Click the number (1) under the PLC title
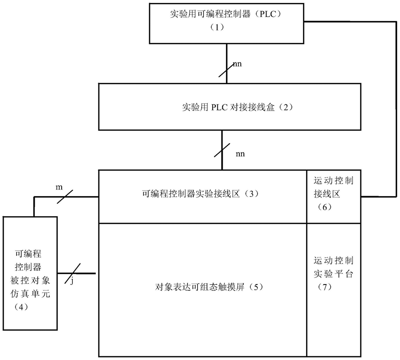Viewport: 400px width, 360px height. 217,27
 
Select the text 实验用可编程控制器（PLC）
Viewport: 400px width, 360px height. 226,14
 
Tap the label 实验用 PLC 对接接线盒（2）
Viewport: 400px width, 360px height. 238,107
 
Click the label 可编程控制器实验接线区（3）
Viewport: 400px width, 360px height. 201,194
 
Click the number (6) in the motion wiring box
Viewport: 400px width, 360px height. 325,207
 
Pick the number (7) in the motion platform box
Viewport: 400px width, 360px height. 325,287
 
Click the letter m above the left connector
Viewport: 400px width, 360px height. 59,187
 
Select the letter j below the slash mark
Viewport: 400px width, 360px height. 72,281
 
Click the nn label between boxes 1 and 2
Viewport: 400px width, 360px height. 237,64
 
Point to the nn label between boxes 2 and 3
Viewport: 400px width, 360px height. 240,154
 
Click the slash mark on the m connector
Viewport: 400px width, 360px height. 65,197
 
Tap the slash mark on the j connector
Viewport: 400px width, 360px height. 72,273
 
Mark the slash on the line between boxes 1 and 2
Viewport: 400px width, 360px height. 226,69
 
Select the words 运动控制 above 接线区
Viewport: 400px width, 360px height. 333,181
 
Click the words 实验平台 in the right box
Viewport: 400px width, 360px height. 333,274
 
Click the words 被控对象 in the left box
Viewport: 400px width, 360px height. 30,281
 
